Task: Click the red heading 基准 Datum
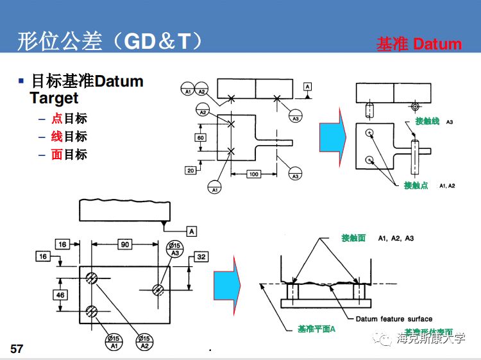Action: (x=419, y=44)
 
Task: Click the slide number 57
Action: (x=17, y=348)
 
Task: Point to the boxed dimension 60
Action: (x=201, y=137)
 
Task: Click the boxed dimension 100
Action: (x=253, y=174)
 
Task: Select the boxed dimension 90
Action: (x=125, y=244)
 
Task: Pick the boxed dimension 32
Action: (x=201, y=257)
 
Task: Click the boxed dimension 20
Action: (x=191, y=170)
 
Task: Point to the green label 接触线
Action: (x=427, y=121)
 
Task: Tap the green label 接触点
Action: (x=416, y=185)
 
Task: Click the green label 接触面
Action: (x=353, y=237)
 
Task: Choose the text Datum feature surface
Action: (x=394, y=318)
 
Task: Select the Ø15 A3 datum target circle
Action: (x=174, y=249)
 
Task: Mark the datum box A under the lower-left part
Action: (x=191, y=230)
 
